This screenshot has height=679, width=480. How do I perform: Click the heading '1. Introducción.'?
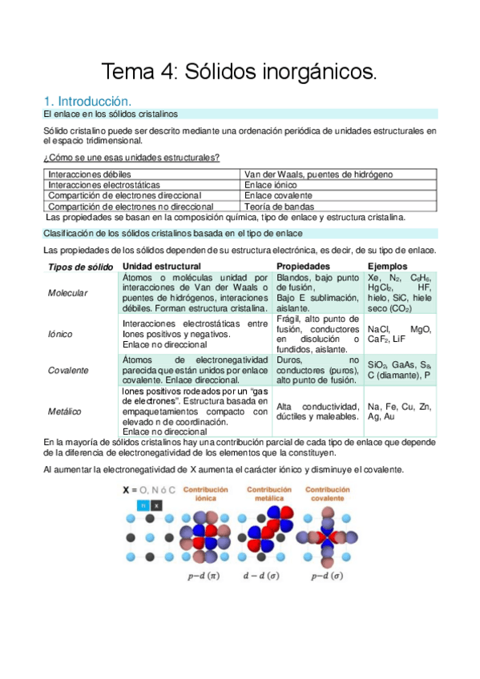pyautogui.click(x=86, y=102)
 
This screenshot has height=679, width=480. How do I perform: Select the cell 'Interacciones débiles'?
pyautogui.click(x=89, y=174)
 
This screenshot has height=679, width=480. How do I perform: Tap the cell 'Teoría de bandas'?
pyautogui.click(x=280, y=206)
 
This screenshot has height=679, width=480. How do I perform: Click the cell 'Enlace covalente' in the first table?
pyautogui.click(x=278, y=195)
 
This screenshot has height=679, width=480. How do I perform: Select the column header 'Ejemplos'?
pyautogui.click(x=387, y=266)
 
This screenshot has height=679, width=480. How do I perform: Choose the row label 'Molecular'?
pyautogui.click(x=68, y=293)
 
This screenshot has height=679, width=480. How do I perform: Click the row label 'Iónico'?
pyautogui.click(x=61, y=334)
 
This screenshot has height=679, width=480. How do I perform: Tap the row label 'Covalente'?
pyautogui.click(x=68, y=371)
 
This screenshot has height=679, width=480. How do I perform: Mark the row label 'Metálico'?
pyautogui.click(x=65, y=411)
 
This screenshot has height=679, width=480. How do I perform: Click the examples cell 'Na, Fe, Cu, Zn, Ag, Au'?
pyautogui.click(x=399, y=411)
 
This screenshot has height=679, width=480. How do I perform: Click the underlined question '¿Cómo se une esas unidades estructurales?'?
pyautogui.click(x=131, y=157)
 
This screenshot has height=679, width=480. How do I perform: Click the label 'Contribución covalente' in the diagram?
pyautogui.click(x=333, y=493)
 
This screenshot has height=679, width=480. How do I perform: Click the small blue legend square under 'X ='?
pyautogui.click(x=142, y=505)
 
